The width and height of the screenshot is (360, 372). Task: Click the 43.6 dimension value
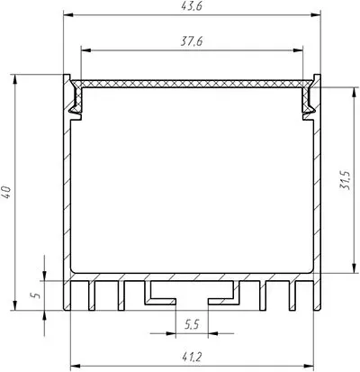click(x=192, y=6)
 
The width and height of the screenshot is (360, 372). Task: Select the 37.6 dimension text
click(x=192, y=41)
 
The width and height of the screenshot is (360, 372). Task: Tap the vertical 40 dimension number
click(x=6, y=192)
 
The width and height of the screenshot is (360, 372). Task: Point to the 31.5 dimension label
click(x=345, y=180)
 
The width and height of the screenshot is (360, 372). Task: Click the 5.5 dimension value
click(x=192, y=324)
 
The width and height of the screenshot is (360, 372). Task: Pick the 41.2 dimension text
click(x=192, y=358)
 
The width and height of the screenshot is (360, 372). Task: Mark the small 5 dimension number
click(x=37, y=295)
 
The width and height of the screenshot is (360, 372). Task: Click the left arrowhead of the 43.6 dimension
click(x=68, y=15)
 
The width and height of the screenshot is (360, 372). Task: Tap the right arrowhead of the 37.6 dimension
click(x=298, y=50)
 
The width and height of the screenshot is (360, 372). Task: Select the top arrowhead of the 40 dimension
click(x=14, y=79)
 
